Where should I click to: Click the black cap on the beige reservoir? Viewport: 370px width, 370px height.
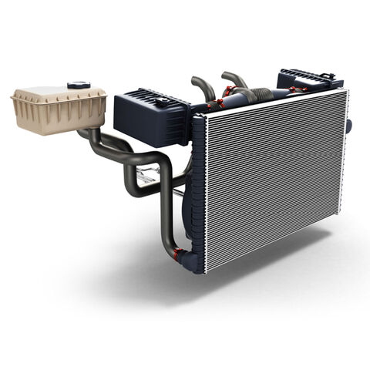[78, 86]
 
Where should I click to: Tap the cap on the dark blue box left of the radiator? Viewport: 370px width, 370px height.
[163, 99]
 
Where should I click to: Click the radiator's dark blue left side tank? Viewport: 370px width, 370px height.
[198, 193]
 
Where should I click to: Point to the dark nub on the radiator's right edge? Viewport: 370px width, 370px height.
[349, 125]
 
